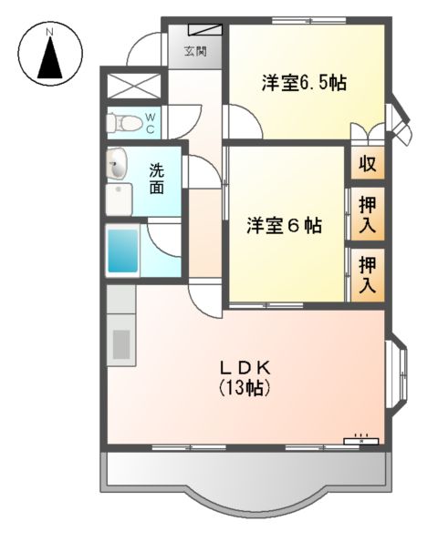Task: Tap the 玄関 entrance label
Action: click(x=194, y=52)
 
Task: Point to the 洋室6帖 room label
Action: click(x=284, y=226)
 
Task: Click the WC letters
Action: click(x=151, y=121)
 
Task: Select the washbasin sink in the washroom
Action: click(x=117, y=166)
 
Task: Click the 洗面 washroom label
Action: click(x=157, y=179)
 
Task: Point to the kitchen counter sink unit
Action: click(x=120, y=338)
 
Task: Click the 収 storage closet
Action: click(x=367, y=166)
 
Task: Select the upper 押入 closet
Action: click(x=367, y=215)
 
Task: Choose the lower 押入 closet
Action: click(x=367, y=274)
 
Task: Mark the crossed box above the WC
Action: click(x=133, y=88)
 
